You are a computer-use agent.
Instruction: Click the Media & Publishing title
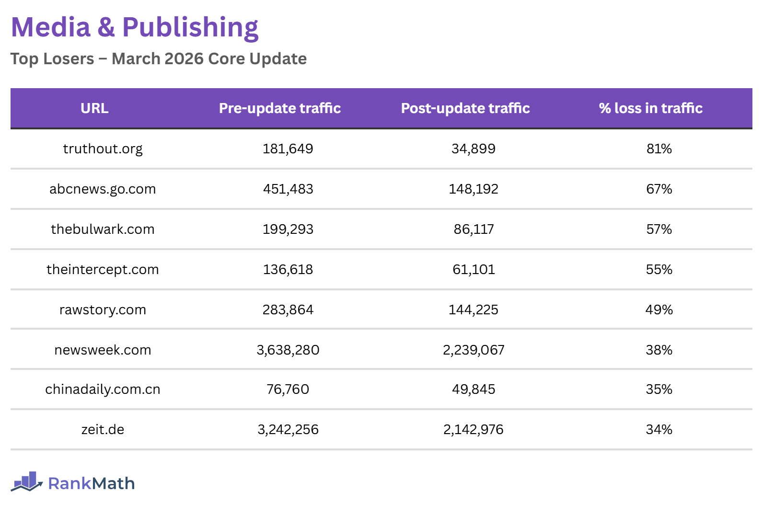click(135, 27)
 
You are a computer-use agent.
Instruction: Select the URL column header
click(94, 108)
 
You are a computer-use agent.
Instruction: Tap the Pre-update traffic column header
click(280, 108)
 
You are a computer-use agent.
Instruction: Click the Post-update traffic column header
click(465, 108)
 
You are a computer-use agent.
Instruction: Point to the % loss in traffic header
click(650, 108)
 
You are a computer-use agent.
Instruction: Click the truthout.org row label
click(103, 149)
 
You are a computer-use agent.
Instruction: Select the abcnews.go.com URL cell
click(103, 189)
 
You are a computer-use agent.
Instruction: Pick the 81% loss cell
click(659, 149)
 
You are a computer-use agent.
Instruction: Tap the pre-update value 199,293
click(288, 230)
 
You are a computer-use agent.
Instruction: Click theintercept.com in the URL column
click(103, 270)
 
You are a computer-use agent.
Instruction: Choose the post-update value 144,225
click(473, 310)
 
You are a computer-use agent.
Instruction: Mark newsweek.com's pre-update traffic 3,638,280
click(288, 350)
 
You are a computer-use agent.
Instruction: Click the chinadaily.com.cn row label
click(103, 390)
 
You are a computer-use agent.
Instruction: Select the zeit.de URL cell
click(103, 430)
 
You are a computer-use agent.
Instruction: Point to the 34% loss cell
click(659, 430)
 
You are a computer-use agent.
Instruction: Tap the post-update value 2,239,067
click(473, 350)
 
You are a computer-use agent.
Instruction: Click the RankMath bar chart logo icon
click(27, 482)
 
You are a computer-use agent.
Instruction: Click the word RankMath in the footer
click(91, 483)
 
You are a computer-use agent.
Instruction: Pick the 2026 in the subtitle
click(184, 59)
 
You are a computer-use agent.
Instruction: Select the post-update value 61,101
click(473, 270)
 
